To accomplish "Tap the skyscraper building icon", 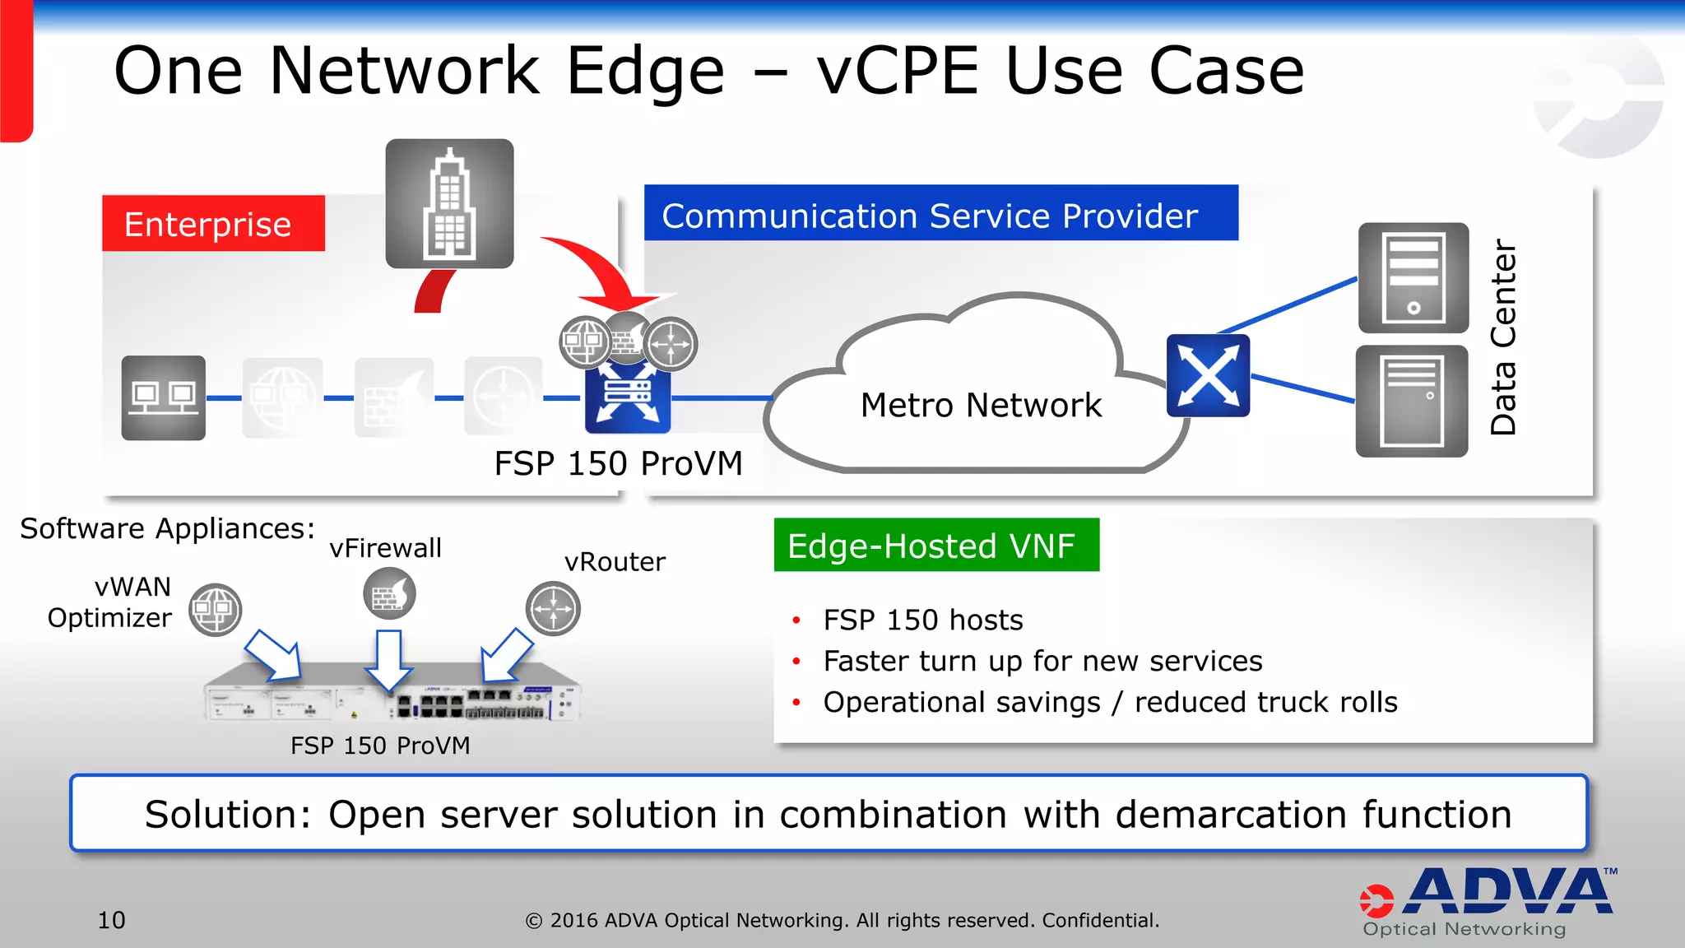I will (x=449, y=203).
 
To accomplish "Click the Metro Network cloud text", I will (x=981, y=406).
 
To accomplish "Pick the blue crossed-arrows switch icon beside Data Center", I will (x=1208, y=375).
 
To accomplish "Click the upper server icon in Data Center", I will (x=1413, y=277).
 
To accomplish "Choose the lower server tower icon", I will (x=1411, y=402).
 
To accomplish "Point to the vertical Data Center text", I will (x=1503, y=337).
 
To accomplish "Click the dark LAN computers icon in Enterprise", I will (x=164, y=398).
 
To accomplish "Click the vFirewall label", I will (x=385, y=548).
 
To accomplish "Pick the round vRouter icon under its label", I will (x=553, y=609).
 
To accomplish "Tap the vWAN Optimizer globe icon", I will (x=216, y=610).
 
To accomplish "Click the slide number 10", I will (x=111, y=920).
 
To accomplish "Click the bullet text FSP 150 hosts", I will (x=922, y=620).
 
